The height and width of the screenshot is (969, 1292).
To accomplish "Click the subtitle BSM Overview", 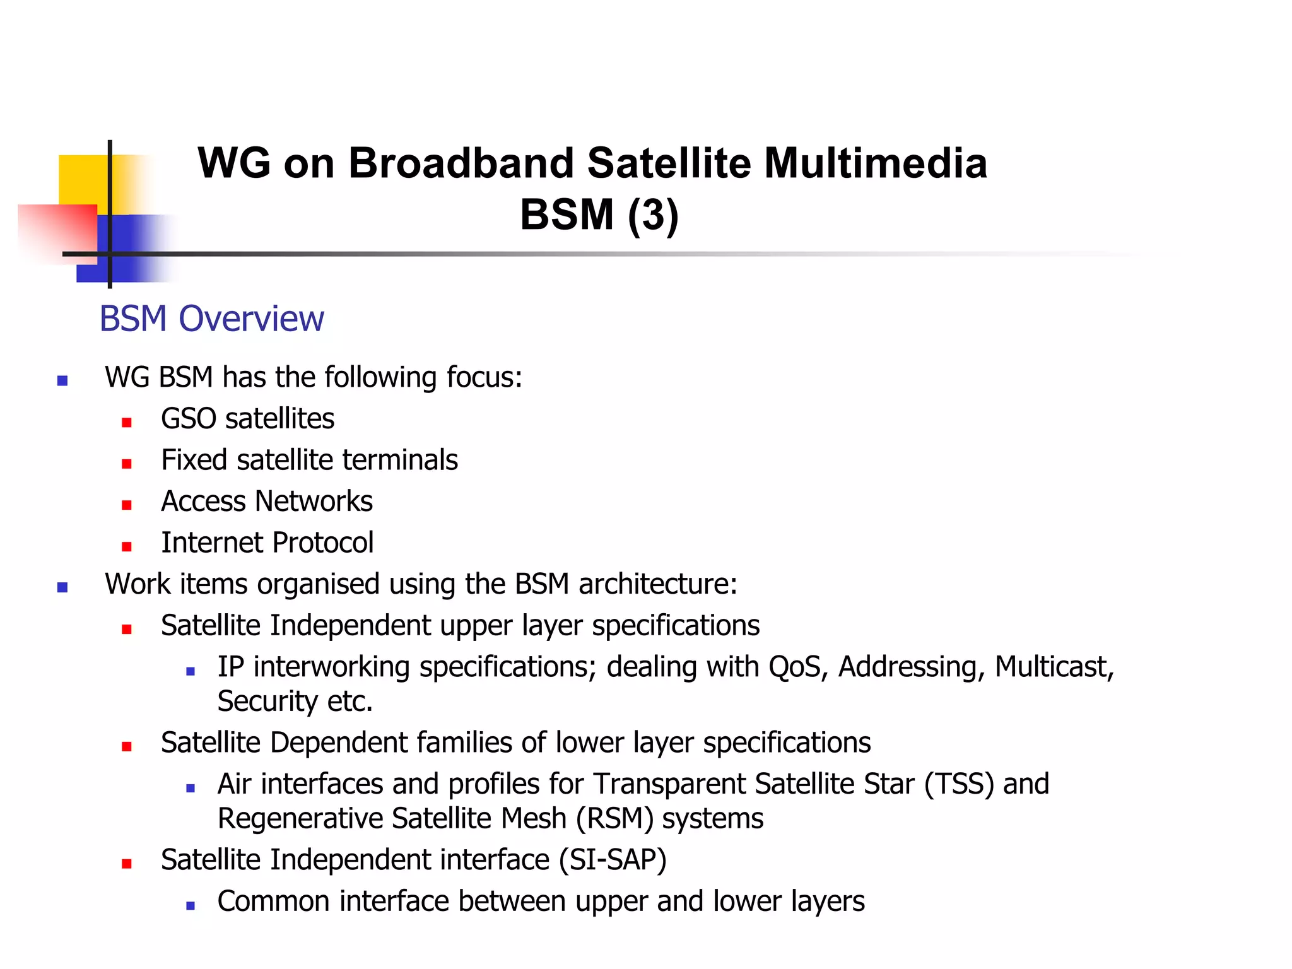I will [211, 319].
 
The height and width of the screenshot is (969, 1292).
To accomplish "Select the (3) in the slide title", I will [653, 215].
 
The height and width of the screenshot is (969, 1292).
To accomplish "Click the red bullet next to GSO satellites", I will [127, 422].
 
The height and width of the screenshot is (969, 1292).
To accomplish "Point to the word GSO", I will [189, 419].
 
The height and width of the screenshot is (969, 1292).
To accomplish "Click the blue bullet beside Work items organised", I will [62, 587].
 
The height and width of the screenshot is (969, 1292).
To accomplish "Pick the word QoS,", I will [798, 667].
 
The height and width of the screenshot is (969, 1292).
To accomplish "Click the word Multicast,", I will [1054, 667].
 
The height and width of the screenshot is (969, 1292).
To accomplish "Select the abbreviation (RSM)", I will [614, 819].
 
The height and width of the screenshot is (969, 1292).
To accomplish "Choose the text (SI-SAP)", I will [613, 860].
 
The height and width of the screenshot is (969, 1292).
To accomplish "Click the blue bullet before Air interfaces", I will [191, 788].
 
